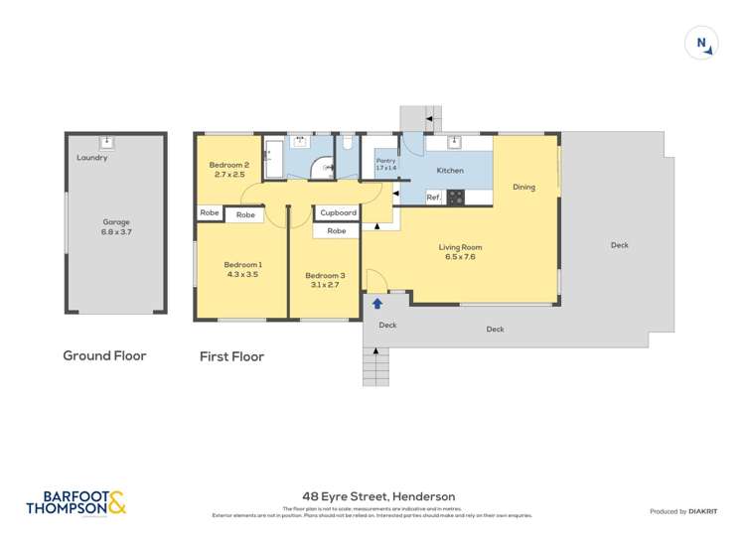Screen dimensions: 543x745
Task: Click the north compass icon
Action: [x=701, y=44]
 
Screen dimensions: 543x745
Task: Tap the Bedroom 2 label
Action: [x=229, y=170]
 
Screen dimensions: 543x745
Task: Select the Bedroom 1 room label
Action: [x=242, y=269]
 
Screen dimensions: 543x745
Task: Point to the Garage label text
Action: [x=116, y=227]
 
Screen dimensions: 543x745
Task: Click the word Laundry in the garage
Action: [x=92, y=158]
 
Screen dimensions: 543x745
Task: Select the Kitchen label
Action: [x=450, y=171]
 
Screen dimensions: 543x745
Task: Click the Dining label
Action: [x=523, y=187]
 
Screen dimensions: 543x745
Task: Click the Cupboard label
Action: [x=338, y=212]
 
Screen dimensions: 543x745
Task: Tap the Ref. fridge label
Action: [x=433, y=198]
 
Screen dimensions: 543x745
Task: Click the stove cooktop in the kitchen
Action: [x=457, y=198]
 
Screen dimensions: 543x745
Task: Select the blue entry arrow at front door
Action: [x=377, y=304]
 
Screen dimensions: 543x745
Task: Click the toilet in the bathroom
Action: [x=347, y=144]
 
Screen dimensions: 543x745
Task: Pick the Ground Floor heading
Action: [x=104, y=355]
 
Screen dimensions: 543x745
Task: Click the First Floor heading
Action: [x=231, y=356]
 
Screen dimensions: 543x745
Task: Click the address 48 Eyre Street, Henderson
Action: [x=378, y=496]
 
